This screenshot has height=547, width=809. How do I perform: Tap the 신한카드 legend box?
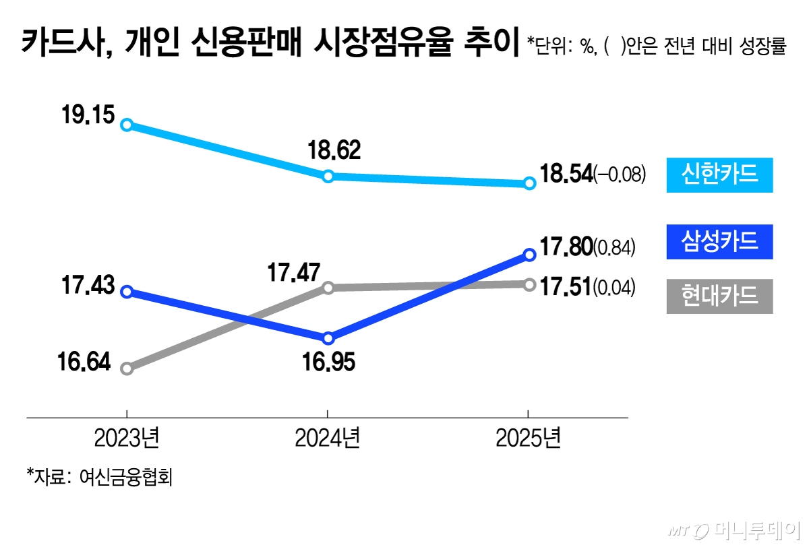[x=719, y=174]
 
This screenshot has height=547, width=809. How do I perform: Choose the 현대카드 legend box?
[x=719, y=296]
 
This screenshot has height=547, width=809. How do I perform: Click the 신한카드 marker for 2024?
[x=328, y=176]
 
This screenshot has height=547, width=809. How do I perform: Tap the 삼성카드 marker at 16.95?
[x=328, y=338]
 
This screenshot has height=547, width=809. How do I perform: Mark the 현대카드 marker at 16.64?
[x=127, y=368]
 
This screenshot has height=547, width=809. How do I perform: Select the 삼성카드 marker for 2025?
[x=529, y=254]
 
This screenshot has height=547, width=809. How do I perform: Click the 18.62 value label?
[x=333, y=150]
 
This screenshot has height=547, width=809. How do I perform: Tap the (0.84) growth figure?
[x=614, y=247]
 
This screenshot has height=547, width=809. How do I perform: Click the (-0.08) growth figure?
[x=620, y=175]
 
